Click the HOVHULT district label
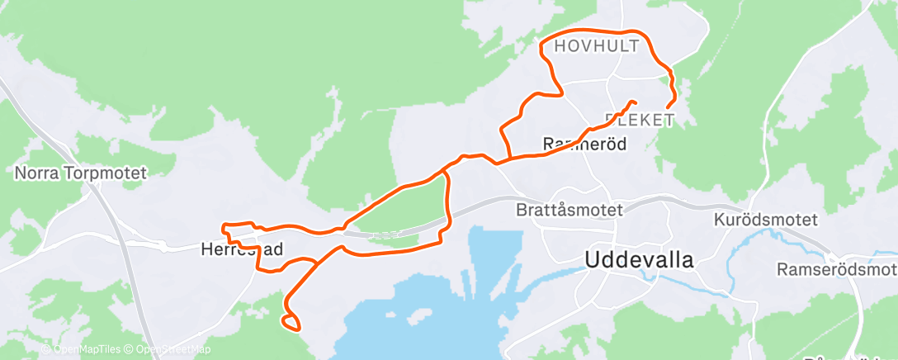point(596,47)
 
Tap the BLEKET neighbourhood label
point(639,121)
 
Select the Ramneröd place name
point(584,144)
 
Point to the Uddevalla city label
point(639,258)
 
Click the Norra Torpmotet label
point(80,173)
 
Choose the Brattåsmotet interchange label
point(570,210)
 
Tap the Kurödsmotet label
point(765,220)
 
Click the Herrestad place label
point(243,248)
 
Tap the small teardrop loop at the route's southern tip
point(290,322)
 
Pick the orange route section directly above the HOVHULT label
point(594,34)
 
